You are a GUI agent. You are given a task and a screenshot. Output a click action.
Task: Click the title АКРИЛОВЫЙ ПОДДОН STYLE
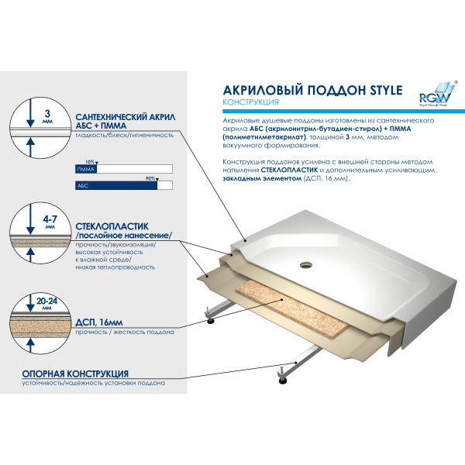pyautogui.click(x=312, y=90)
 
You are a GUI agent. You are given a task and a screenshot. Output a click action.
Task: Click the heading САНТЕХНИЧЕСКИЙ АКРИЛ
pyautogui.click(x=126, y=117)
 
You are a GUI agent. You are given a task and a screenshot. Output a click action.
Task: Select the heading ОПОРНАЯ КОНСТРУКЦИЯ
pyautogui.click(x=75, y=374)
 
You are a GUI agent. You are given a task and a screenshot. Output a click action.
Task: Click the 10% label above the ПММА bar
pyautogui.click(x=89, y=161)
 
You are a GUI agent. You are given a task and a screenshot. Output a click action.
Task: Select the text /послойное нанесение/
pyautogui.click(x=122, y=236)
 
